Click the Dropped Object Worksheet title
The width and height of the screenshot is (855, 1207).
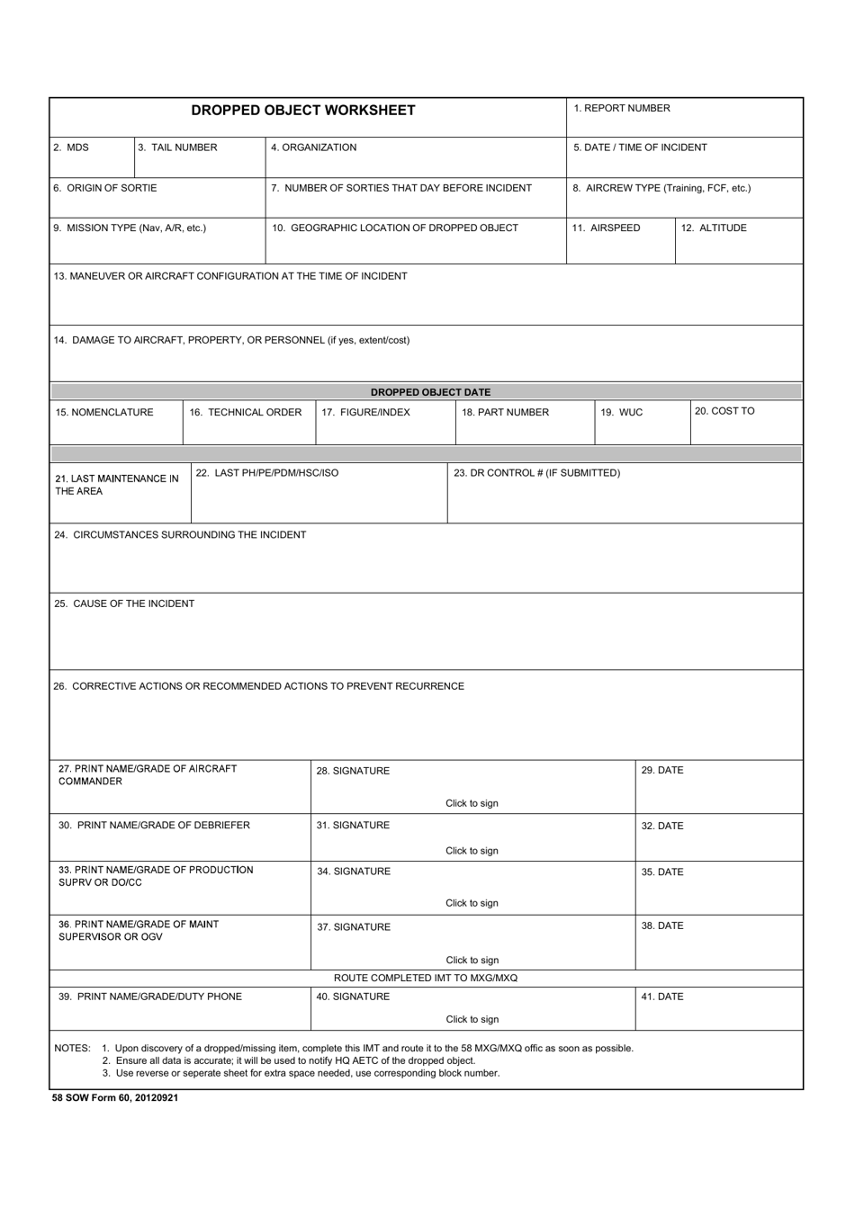tap(303, 111)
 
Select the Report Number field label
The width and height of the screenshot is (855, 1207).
tap(622, 108)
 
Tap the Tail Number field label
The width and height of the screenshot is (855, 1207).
tap(177, 148)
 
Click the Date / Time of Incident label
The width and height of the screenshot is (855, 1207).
tap(640, 148)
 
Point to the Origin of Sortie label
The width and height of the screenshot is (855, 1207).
tap(104, 188)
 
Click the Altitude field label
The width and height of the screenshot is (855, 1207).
tap(713, 228)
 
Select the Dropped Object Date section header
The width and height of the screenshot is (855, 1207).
tap(430, 392)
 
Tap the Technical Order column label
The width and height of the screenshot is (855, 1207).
tap(245, 412)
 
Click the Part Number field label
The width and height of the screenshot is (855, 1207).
tap(505, 412)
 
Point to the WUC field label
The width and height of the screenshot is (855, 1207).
tap(622, 412)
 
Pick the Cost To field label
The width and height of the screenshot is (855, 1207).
tap(724, 411)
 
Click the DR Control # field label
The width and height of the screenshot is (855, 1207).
tap(536, 472)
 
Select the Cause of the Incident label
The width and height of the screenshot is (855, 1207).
tap(124, 603)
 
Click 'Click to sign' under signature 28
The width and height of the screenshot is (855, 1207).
tap(472, 803)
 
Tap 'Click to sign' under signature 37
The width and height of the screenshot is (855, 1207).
tap(472, 960)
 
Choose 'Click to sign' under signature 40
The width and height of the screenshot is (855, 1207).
tap(472, 1019)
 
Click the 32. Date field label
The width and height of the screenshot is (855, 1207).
tap(661, 826)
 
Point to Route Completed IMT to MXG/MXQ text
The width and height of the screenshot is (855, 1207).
tap(426, 978)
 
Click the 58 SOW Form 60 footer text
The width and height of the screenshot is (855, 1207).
tap(115, 1097)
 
